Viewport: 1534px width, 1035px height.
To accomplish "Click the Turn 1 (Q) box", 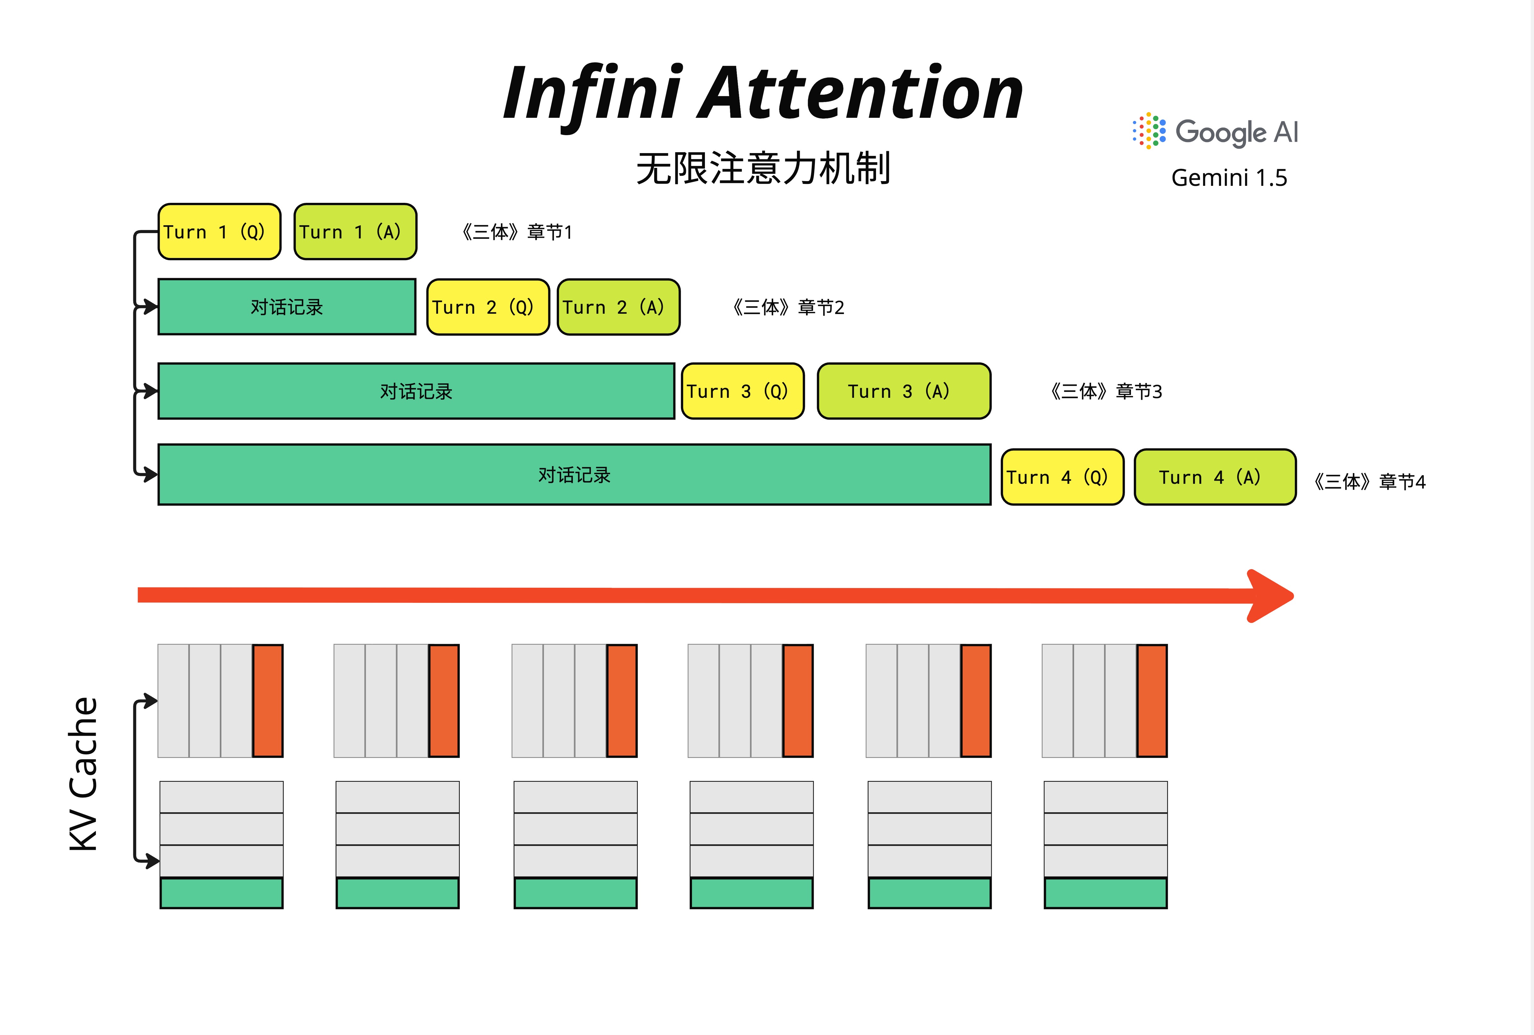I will [x=219, y=232].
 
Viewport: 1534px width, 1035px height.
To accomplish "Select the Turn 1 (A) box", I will [x=355, y=232].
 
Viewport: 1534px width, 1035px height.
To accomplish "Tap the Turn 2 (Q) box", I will [x=488, y=307].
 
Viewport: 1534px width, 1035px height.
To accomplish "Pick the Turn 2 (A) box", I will [x=619, y=307].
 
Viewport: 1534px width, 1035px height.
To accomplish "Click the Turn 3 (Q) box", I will [x=742, y=391].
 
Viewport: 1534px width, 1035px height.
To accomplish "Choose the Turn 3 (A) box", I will [x=904, y=391].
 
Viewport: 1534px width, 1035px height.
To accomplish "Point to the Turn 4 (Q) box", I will [x=1062, y=477].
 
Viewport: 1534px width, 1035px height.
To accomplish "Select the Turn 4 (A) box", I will [x=1214, y=477].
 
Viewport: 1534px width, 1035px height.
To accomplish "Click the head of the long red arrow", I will [x=1271, y=596].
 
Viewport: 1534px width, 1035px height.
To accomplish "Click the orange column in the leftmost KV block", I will [x=267, y=700].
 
